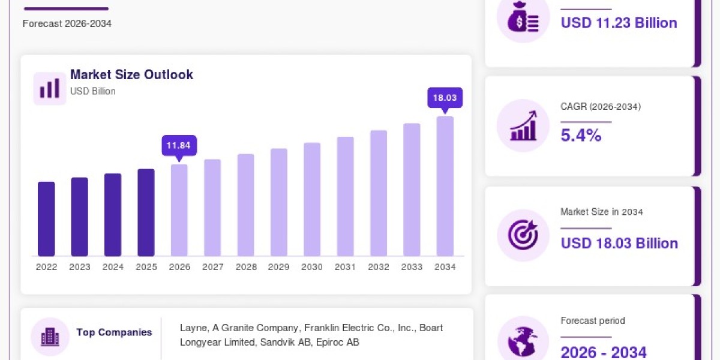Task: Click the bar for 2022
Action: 46,219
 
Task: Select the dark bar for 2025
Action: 146,212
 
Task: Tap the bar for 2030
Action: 312,199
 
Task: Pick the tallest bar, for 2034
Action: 445,186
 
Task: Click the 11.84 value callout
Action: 179,146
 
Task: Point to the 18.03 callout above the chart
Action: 445,98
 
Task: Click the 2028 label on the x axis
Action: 246,267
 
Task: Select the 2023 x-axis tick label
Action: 80,267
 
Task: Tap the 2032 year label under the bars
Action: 379,267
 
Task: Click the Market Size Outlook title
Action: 131,74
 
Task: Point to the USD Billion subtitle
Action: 93,91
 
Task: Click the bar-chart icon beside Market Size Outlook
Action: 49,88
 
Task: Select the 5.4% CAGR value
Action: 581,135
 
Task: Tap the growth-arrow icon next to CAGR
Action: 523,125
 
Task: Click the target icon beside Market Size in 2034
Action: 523,235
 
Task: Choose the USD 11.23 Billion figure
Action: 619,23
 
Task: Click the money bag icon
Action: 523,17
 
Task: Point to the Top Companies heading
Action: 114,332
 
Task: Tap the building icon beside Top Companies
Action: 50,337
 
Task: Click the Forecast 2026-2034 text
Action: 67,23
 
